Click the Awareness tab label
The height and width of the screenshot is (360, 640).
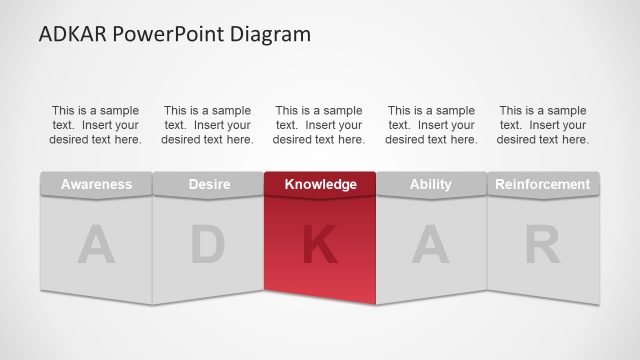click(x=96, y=184)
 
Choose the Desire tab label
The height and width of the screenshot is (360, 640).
click(x=208, y=184)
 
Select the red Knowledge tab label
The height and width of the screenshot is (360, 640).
click(x=320, y=184)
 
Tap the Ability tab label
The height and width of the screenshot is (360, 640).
click(x=431, y=184)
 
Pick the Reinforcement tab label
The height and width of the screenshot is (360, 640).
click(x=543, y=184)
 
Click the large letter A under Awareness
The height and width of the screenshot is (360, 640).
click(x=96, y=246)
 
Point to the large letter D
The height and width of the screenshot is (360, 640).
click(x=208, y=246)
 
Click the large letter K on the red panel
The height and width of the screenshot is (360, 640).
click(x=320, y=246)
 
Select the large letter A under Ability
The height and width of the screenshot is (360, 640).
click(x=431, y=246)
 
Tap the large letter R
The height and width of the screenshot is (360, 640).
click(x=543, y=246)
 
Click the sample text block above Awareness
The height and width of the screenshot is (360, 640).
click(x=96, y=125)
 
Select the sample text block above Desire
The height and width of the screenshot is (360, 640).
click(x=208, y=125)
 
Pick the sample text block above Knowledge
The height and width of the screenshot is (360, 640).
click(x=320, y=125)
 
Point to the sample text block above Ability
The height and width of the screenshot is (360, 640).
click(x=431, y=125)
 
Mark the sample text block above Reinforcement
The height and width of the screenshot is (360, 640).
click(x=543, y=125)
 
